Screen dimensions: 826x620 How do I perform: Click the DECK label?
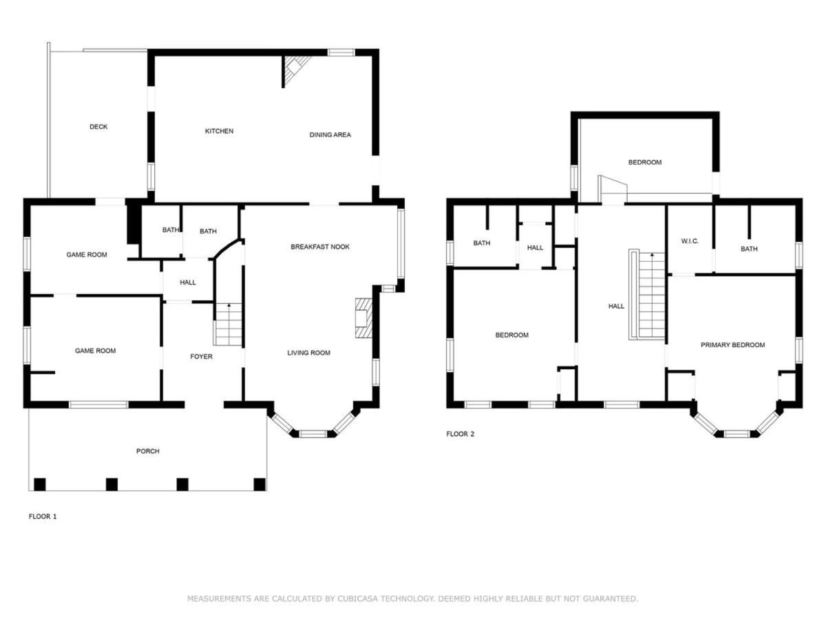(x=98, y=127)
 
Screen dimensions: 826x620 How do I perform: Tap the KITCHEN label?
(x=219, y=131)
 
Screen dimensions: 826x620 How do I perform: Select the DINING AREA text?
(x=330, y=135)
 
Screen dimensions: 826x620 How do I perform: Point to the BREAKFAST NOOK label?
(x=320, y=247)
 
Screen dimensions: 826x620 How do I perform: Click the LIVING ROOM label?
(x=308, y=353)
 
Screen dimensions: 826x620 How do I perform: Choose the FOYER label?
(x=201, y=356)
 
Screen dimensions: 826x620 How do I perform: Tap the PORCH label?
(x=147, y=451)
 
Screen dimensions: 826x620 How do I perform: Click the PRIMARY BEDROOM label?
(x=732, y=345)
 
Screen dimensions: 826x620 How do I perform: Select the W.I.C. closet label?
(x=690, y=241)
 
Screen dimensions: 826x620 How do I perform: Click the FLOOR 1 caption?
(x=43, y=517)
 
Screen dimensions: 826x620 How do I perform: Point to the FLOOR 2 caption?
(x=460, y=434)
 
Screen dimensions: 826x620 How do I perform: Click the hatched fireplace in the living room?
(x=363, y=318)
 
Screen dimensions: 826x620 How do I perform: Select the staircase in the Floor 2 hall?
(x=647, y=294)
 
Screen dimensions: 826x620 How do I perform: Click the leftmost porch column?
(x=39, y=484)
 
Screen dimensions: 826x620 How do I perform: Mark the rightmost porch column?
(x=260, y=484)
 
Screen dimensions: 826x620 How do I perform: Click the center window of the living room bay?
(x=313, y=434)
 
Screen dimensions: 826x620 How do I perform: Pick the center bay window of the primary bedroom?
(x=737, y=434)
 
